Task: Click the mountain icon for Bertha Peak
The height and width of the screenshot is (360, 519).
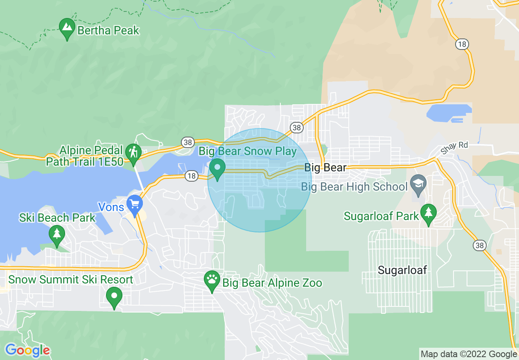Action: tap(67, 27)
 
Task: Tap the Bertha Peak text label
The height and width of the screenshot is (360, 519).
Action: tap(108, 30)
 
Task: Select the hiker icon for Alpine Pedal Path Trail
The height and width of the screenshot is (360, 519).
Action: tap(133, 152)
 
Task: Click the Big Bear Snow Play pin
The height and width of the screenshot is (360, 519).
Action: tap(217, 168)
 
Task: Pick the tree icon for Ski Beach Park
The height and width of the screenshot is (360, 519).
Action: tap(56, 234)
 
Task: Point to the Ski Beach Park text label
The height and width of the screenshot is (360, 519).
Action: tap(57, 218)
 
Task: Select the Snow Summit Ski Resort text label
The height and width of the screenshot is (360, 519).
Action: tap(71, 280)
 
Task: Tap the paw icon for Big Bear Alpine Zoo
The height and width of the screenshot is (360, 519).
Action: tap(212, 280)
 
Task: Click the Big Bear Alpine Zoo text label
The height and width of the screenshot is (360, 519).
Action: tap(272, 283)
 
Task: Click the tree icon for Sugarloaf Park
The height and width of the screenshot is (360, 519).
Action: tap(428, 213)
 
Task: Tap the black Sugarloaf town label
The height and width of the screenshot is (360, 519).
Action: tap(402, 270)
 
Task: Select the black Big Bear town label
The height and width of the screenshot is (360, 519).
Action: tap(325, 168)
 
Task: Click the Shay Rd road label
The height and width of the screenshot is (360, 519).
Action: tap(454, 148)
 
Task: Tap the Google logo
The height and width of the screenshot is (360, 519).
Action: tap(27, 350)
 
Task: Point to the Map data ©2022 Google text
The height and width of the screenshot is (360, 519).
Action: tap(469, 354)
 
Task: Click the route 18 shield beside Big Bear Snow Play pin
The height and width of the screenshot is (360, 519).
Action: tap(191, 176)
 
